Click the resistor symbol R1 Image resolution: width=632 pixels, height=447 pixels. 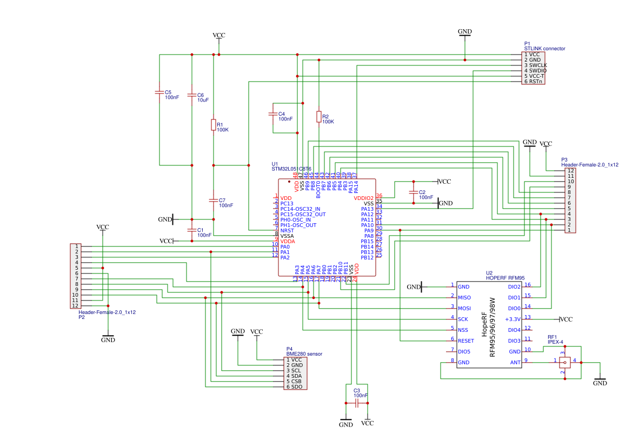[x=214, y=125]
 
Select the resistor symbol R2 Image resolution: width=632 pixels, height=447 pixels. [x=319, y=117]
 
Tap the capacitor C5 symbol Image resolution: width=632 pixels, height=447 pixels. [x=159, y=92]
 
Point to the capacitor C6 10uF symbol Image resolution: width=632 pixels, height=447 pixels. [x=191, y=95]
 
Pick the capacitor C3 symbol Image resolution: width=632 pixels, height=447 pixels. [x=356, y=403]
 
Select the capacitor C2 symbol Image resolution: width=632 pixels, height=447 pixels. [x=414, y=192]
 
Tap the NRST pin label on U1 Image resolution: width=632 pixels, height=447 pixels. [x=287, y=230]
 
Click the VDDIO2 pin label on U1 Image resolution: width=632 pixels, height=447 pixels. [x=363, y=198]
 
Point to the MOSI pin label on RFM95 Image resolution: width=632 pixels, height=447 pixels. [x=464, y=308]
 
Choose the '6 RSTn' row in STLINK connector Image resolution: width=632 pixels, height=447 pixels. [x=533, y=82]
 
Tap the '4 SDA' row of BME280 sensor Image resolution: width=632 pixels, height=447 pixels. [x=295, y=376]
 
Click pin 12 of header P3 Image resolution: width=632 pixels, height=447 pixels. [x=570, y=171]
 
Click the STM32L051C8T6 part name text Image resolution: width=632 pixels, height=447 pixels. [x=291, y=169]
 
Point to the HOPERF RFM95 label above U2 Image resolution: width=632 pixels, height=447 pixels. [x=505, y=278]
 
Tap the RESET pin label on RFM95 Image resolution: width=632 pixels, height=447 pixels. [x=465, y=341]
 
